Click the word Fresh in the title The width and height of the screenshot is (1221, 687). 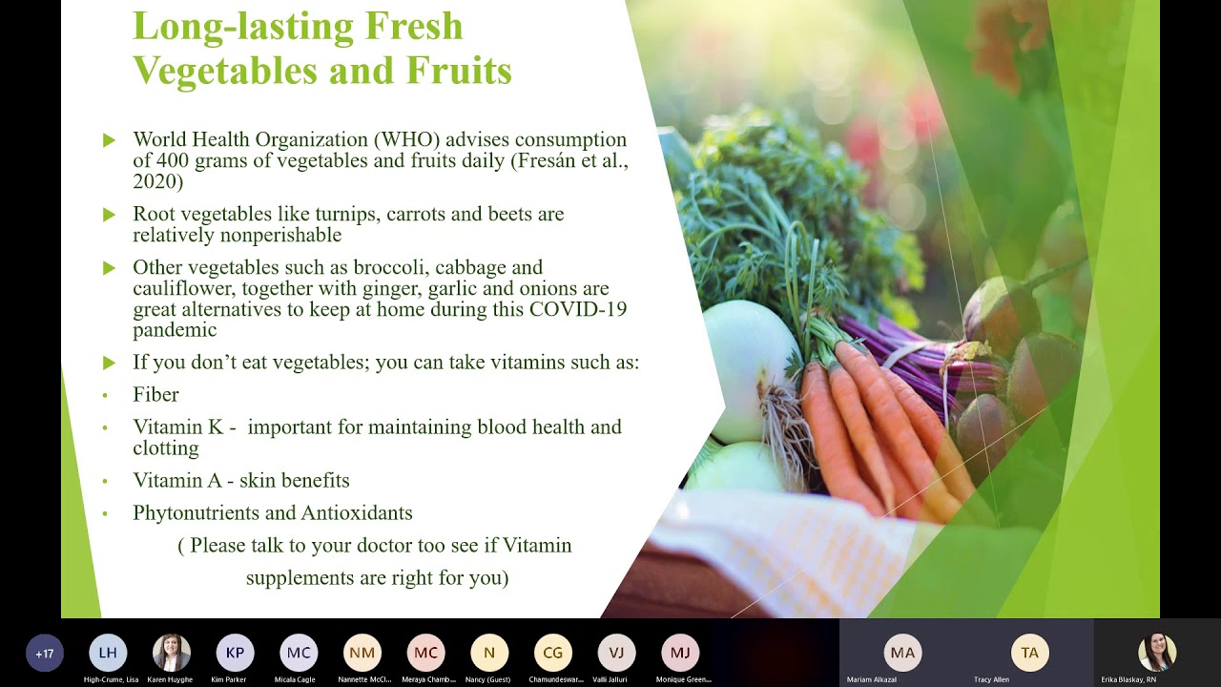pyautogui.click(x=414, y=26)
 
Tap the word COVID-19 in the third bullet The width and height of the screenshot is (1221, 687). pyautogui.click(x=578, y=309)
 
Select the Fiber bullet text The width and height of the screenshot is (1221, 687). pyautogui.click(x=155, y=394)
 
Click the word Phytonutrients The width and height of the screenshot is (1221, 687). pyautogui.click(x=196, y=512)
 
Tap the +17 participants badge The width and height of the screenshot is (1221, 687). pyautogui.click(x=45, y=654)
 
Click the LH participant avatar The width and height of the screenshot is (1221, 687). pyautogui.click(x=108, y=653)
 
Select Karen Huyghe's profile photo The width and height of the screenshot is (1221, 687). pyautogui.click(x=172, y=653)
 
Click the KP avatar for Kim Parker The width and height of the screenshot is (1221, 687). pyautogui.click(x=235, y=653)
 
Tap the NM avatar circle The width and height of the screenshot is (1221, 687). pyautogui.click(x=362, y=653)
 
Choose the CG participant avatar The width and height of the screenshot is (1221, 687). pyautogui.click(x=553, y=653)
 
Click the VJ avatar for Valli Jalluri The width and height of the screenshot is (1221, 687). pyautogui.click(x=616, y=653)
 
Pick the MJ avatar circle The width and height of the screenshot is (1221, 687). pyautogui.click(x=680, y=653)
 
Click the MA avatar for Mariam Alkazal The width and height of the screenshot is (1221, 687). pyautogui.click(x=902, y=653)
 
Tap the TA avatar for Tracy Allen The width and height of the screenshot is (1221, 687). pyautogui.click(x=1029, y=653)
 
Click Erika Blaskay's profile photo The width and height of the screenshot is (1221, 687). pyautogui.click(x=1156, y=652)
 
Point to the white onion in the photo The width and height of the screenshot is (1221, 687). pyautogui.click(x=749, y=367)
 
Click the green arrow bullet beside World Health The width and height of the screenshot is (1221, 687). pyautogui.click(x=109, y=140)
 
